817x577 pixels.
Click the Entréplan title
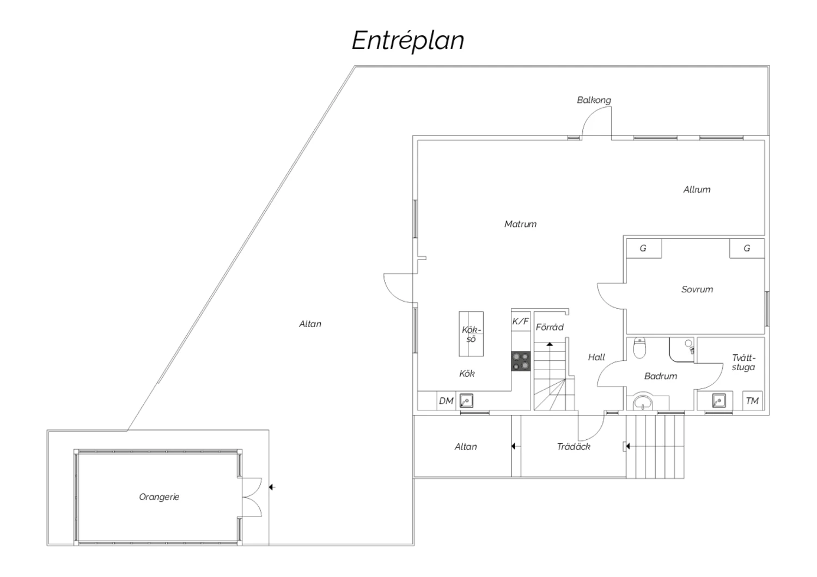pos(408,41)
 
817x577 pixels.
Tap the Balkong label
pos(594,100)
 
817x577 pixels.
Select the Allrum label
pos(697,189)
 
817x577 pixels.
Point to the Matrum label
pos(520,224)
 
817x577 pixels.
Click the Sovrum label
pos(697,290)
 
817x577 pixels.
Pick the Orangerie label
pos(159,497)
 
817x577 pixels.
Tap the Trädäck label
pos(574,446)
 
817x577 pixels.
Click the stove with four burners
pos(521,361)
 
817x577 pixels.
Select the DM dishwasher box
pos(446,401)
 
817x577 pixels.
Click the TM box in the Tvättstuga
pos(752,401)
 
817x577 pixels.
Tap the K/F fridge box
pos(521,321)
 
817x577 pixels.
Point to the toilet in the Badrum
pos(639,348)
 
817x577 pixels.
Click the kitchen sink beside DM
pos(466,401)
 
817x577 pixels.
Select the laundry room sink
pos(719,401)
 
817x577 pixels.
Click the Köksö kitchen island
pos(471,334)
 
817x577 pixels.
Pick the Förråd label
pos(550,327)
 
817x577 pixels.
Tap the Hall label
pos(596,357)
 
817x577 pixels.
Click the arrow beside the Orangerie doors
pos(272,487)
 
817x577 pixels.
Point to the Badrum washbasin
pos(644,403)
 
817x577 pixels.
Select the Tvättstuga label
pos(743,363)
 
